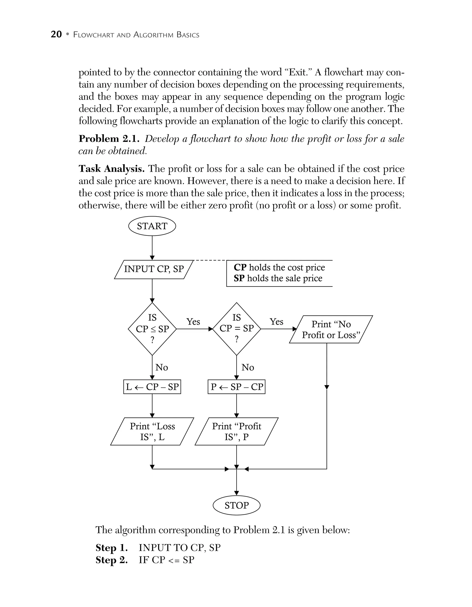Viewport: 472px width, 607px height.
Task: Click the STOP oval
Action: [x=236, y=505]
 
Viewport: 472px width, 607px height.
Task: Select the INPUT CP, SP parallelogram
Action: [x=154, y=269]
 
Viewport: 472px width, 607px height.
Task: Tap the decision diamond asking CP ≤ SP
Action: [x=152, y=329]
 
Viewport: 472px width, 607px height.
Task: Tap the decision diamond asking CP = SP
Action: [x=236, y=329]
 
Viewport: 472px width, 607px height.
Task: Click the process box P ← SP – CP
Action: [x=236, y=387]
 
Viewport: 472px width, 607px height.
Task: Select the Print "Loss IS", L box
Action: [x=152, y=432]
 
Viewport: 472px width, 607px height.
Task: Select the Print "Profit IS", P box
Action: [x=236, y=432]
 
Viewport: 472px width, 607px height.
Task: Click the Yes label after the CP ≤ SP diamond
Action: [x=193, y=322]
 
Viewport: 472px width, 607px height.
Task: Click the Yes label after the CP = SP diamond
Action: [x=276, y=322]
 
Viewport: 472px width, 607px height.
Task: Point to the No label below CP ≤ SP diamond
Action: [x=162, y=367]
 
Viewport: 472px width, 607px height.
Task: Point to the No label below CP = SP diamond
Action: [x=248, y=367]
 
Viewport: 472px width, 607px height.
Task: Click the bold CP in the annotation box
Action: [x=240, y=267]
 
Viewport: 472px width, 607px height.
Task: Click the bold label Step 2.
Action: [x=111, y=560]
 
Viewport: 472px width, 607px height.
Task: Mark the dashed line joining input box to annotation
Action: [x=210, y=261]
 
